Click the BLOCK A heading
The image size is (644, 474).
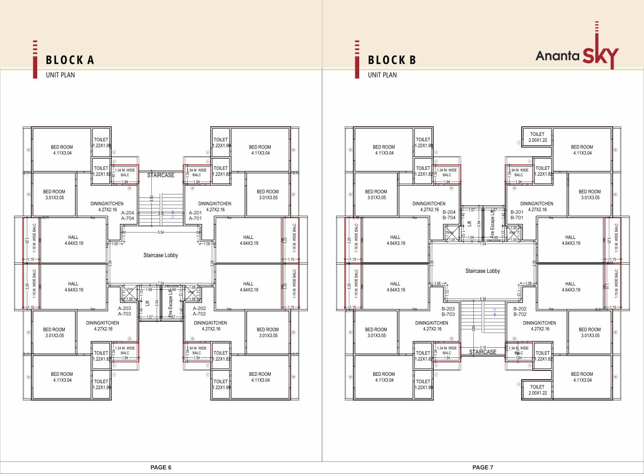coord(70,60)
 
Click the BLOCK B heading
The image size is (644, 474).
coord(392,60)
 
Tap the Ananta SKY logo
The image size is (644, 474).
coord(577,55)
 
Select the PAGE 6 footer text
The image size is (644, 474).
coord(161,467)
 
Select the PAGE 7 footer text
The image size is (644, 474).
coord(483,467)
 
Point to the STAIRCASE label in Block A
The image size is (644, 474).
coord(161,175)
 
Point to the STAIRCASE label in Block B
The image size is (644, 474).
coord(483,352)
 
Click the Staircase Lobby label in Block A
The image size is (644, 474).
coord(161,255)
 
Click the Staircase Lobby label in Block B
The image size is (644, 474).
coord(483,271)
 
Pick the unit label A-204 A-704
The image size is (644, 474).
coord(128,215)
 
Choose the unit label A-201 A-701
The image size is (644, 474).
coord(195,215)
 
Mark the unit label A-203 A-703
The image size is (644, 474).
coord(124,311)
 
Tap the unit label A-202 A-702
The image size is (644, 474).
coord(199,311)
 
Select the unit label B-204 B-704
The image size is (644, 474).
coord(449,215)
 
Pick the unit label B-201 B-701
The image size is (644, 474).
coord(517,215)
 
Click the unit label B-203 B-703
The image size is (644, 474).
coord(448,311)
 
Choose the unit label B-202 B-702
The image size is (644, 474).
coord(520,311)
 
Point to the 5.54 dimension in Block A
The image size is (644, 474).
coord(161,232)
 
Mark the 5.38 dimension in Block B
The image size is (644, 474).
coord(483,299)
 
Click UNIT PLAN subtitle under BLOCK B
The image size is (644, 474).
coord(382,75)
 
